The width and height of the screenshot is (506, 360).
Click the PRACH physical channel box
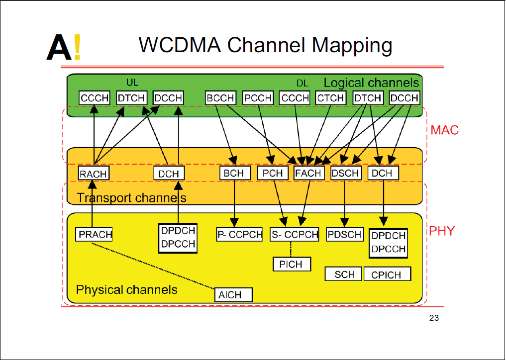(x=94, y=234)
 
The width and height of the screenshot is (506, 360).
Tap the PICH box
(x=292, y=264)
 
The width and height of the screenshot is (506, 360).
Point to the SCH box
(x=343, y=274)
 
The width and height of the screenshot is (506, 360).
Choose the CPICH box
(x=387, y=274)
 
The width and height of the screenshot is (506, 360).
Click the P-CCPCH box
(x=239, y=234)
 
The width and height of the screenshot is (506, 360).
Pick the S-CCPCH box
(x=295, y=234)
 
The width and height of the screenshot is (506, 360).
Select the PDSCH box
(x=344, y=234)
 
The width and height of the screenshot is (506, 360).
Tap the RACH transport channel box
(x=94, y=173)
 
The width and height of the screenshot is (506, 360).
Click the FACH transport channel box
(x=308, y=173)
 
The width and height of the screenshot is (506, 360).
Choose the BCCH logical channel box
(x=220, y=98)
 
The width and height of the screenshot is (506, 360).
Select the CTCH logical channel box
(x=331, y=98)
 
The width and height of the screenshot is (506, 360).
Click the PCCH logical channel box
(x=258, y=98)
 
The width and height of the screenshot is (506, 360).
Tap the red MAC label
(x=444, y=131)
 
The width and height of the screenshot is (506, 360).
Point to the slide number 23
(x=433, y=318)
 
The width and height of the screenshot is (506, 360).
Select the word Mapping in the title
(x=352, y=45)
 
